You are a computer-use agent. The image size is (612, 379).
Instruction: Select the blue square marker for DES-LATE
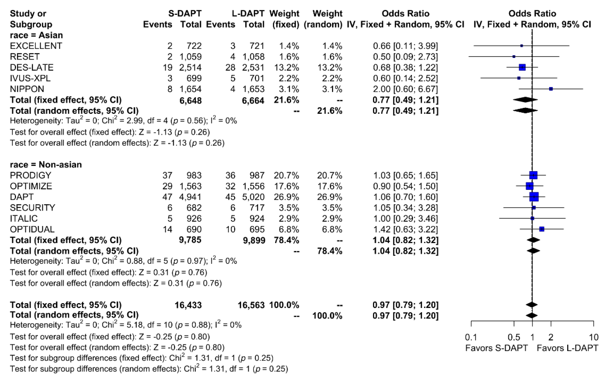(x=522, y=68)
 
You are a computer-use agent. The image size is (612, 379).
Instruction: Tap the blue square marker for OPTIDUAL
(x=542, y=229)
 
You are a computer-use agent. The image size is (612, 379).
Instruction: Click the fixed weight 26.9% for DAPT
(x=286, y=197)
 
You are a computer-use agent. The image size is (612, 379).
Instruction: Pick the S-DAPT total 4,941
(x=190, y=197)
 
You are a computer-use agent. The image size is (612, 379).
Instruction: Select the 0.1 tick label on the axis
(x=471, y=337)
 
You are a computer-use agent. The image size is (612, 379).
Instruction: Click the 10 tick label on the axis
(x=593, y=337)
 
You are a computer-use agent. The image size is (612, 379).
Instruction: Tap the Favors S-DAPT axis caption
(x=497, y=348)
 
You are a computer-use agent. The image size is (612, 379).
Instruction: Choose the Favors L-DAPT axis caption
(x=567, y=348)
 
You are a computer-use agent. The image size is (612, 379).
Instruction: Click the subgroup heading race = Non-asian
(x=46, y=165)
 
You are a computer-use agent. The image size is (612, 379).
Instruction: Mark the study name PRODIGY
(x=31, y=175)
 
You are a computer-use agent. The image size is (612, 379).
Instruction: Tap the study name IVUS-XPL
(x=30, y=78)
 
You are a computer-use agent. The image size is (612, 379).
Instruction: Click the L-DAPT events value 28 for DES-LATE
(x=230, y=68)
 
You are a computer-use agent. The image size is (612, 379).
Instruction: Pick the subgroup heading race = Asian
(x=36, y=35)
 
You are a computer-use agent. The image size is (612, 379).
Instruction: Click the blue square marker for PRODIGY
(x=533, y=175)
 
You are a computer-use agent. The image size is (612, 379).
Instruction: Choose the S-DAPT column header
(x=185, y=13)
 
